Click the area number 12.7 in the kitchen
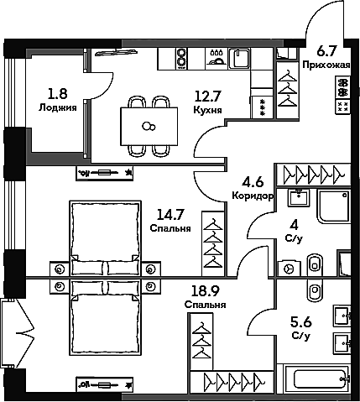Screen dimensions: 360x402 [x=208, y=97]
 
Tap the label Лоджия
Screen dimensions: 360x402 [x=58, y=107]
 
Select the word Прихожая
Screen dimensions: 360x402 [x=326, y=65]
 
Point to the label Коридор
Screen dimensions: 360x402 [x=253, y=196]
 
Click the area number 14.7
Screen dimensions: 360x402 [x=170, y=215]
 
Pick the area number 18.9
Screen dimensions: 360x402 [x=205, y=291]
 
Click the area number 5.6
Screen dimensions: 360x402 [x=301, y=322]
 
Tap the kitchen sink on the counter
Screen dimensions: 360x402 [x=239, y=58]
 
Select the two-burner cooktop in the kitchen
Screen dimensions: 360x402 [x=181, y=58]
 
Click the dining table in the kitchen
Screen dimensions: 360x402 [x=149, y=127]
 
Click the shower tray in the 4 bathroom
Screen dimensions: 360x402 [x=334, y=206]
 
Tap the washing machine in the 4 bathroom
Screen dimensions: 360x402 [x=290, y=269]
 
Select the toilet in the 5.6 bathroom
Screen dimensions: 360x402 [x=315, y=290]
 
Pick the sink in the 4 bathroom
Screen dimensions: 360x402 [x=299, y=197]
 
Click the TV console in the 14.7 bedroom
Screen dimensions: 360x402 [x=105, y=173]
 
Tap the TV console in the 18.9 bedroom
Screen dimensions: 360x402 [x=105, y=385]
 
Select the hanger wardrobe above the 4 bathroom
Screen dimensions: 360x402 [x=313, y=175]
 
